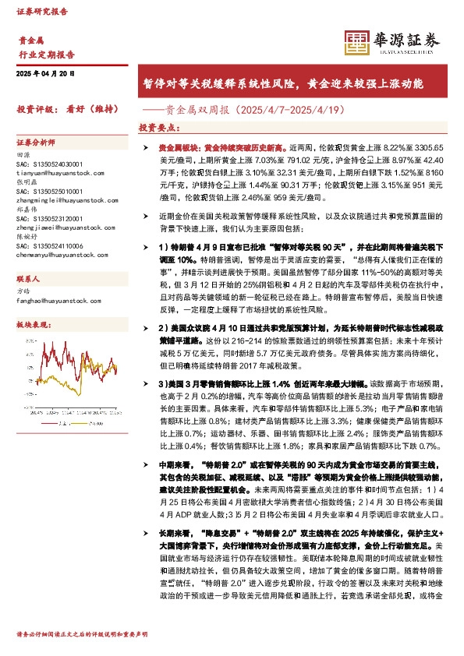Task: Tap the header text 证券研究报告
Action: tap(42, 12)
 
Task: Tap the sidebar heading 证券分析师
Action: tap(36, 143)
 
